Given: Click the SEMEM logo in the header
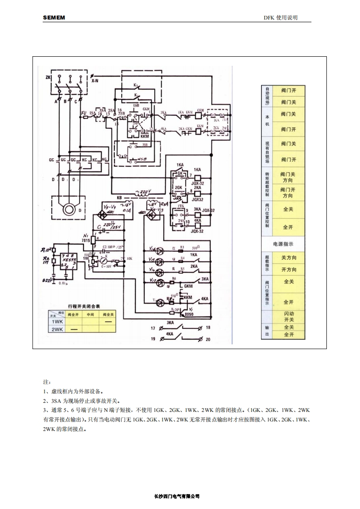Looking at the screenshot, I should pyautogui.click(x=54, y=18).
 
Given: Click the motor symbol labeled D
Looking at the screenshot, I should pyautogui.click(x=69, y=208).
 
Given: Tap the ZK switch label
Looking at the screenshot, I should pyautogui.click(x=48, y=78).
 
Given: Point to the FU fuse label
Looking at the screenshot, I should pyautogui.click(x=84, y=112).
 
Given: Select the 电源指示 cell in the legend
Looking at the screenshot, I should pyautogui.click(x=283, y=244).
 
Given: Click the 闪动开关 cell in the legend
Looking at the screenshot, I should pyautogui.click(x=289, y=316).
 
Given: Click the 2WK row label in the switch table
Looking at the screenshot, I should pyautogui.click(x=57, y=329).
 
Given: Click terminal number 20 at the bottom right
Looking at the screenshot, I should pyautogui.click(x=208, y=339).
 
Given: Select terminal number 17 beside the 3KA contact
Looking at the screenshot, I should pyautogui.click(x=153, y=327).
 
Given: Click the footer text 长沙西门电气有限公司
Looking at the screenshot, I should pyautogui.click(x=180, y=496).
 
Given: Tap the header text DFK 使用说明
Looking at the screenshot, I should pyautogui.click(x=281, y=18).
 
